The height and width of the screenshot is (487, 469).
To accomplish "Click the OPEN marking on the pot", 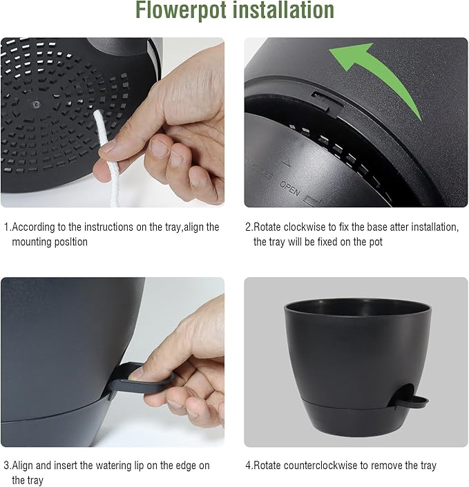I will point(290,187).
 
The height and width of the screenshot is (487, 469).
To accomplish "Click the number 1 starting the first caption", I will point(6,227).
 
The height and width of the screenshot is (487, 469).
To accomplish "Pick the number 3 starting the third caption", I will point(6,466).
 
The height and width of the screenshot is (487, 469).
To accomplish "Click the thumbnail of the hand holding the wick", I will point(113,123).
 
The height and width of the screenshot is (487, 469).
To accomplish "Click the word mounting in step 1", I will point(32,242).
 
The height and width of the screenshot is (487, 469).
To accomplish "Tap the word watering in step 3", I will point(115,466).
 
